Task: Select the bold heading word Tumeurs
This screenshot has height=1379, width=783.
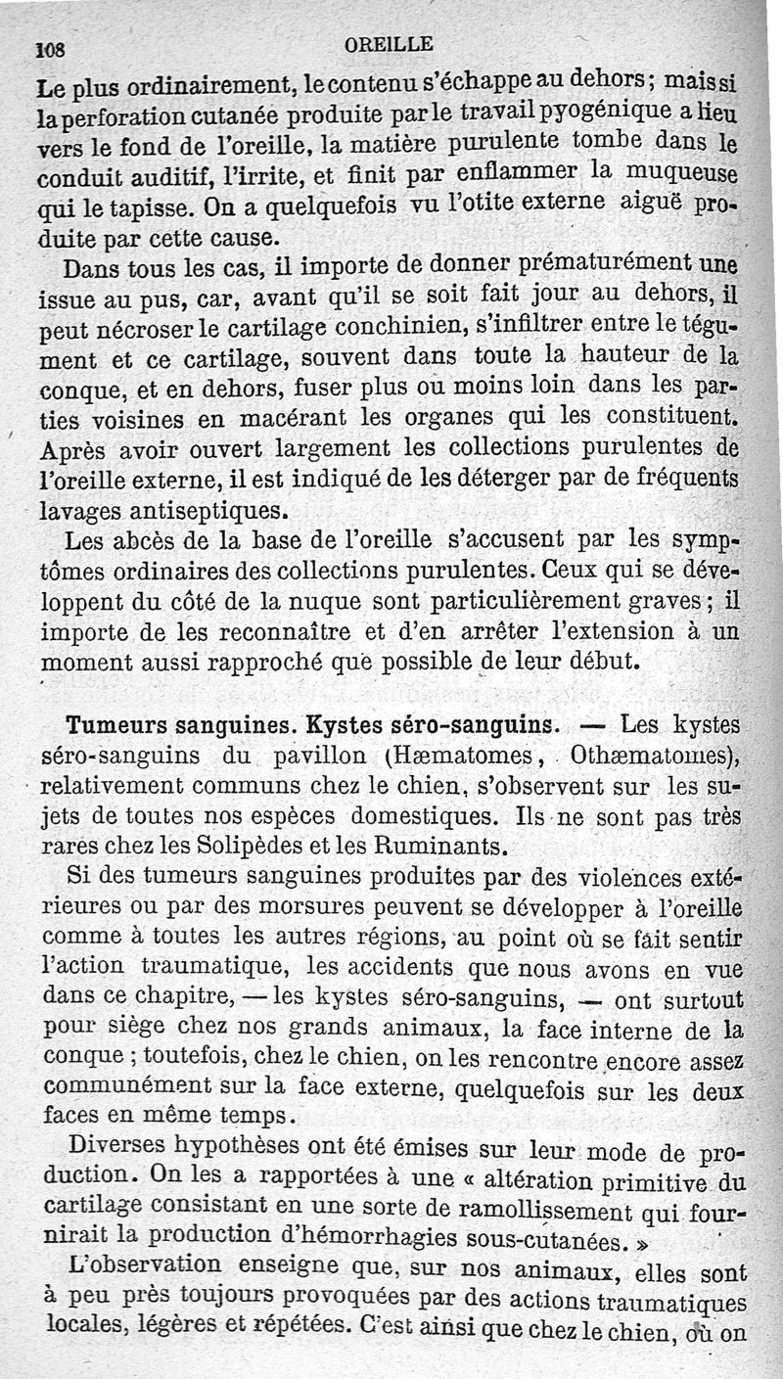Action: click(121, 726)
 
